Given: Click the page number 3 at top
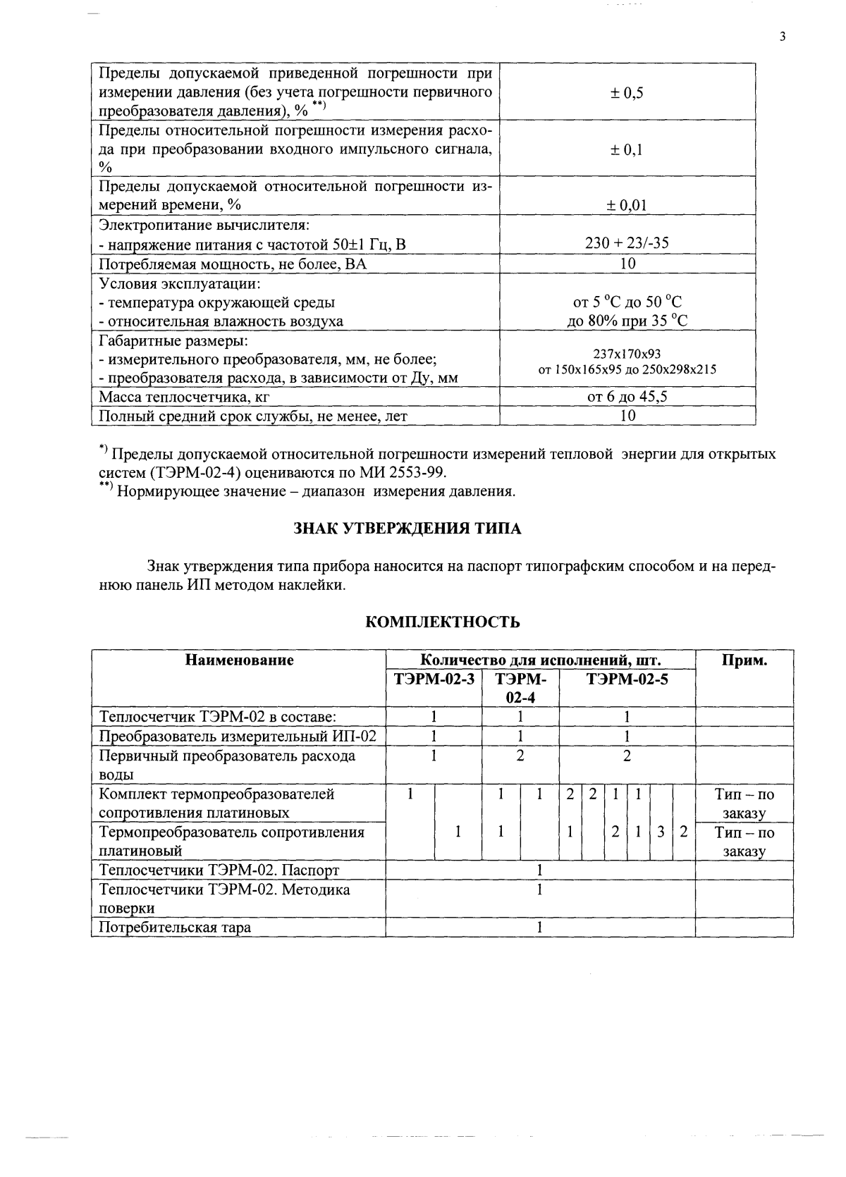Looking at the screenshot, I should coord(783,37).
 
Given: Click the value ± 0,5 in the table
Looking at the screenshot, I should coord(627,92).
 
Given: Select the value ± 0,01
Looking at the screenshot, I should coord(627,205).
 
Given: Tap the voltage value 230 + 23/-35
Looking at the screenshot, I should coord(627,244).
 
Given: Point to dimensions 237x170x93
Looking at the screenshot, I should coord(627,354).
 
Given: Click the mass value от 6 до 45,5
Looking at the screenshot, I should coord(627,397).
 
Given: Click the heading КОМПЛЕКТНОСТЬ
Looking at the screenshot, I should coord(443,622).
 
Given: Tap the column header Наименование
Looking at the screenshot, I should coord(239,660).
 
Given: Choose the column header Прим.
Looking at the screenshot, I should coord(744,660).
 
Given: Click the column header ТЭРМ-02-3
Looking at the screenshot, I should coord(434,679).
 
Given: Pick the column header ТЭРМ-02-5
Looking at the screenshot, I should coord(627,679).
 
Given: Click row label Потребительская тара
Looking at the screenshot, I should coord(175,928).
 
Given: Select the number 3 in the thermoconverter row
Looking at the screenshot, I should coord(661,832).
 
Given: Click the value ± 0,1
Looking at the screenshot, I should coord(627,149).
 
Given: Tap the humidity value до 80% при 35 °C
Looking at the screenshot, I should coord(627,321).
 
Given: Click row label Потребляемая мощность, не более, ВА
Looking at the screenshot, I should coord(233,264).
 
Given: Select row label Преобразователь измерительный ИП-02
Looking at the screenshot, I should coord(238,737).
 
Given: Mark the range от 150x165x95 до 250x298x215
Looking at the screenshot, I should coord(627,369).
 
